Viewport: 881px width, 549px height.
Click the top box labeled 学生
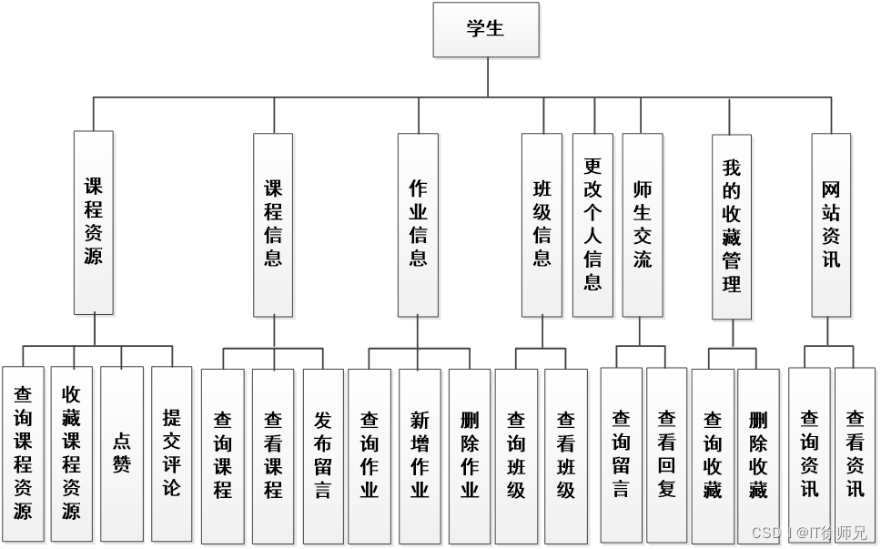click(x=485, y=29)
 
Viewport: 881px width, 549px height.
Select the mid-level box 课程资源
click(x=94, y=222)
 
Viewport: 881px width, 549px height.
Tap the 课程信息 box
click(x=273, y=224)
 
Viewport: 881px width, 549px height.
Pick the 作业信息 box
click(x=418, y=224)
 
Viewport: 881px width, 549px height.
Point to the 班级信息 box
click(x=542, y=224)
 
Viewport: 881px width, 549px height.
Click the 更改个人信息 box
click(x=592, y=224)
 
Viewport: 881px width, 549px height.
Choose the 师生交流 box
click(x=643, y=224)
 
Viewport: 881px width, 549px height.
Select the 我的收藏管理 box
click(x=732, y=226)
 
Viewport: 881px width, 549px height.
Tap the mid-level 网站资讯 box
click(x=830, y=224)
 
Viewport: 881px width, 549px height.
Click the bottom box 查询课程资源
click(x=23, y=453)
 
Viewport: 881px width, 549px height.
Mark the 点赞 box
click(x=122, y=453)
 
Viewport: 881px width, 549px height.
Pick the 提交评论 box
click(x=171, y=453)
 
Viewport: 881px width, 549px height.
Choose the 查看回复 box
click(x=666, y=453)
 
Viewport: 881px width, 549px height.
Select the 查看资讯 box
click(x=856, y=453)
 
